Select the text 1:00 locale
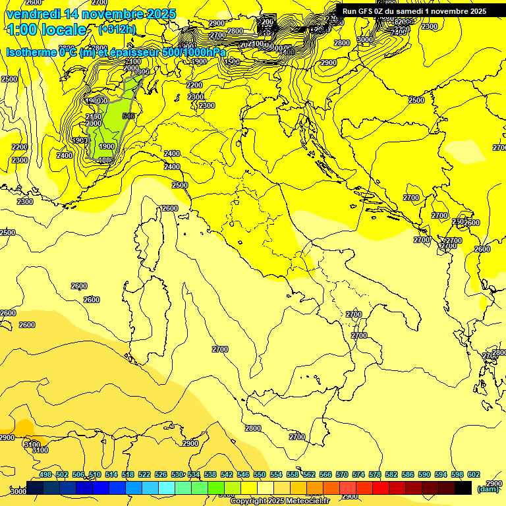46,30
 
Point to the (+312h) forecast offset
117,30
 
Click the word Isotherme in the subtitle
31,52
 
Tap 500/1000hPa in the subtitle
196,52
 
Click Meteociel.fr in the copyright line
312,501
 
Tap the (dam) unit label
487,489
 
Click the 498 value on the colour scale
45,474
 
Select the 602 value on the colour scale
473,474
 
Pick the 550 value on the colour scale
259,474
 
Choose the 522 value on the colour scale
144,474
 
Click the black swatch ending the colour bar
463,488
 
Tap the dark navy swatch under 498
36,488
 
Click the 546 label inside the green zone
128,116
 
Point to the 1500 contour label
231,62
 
